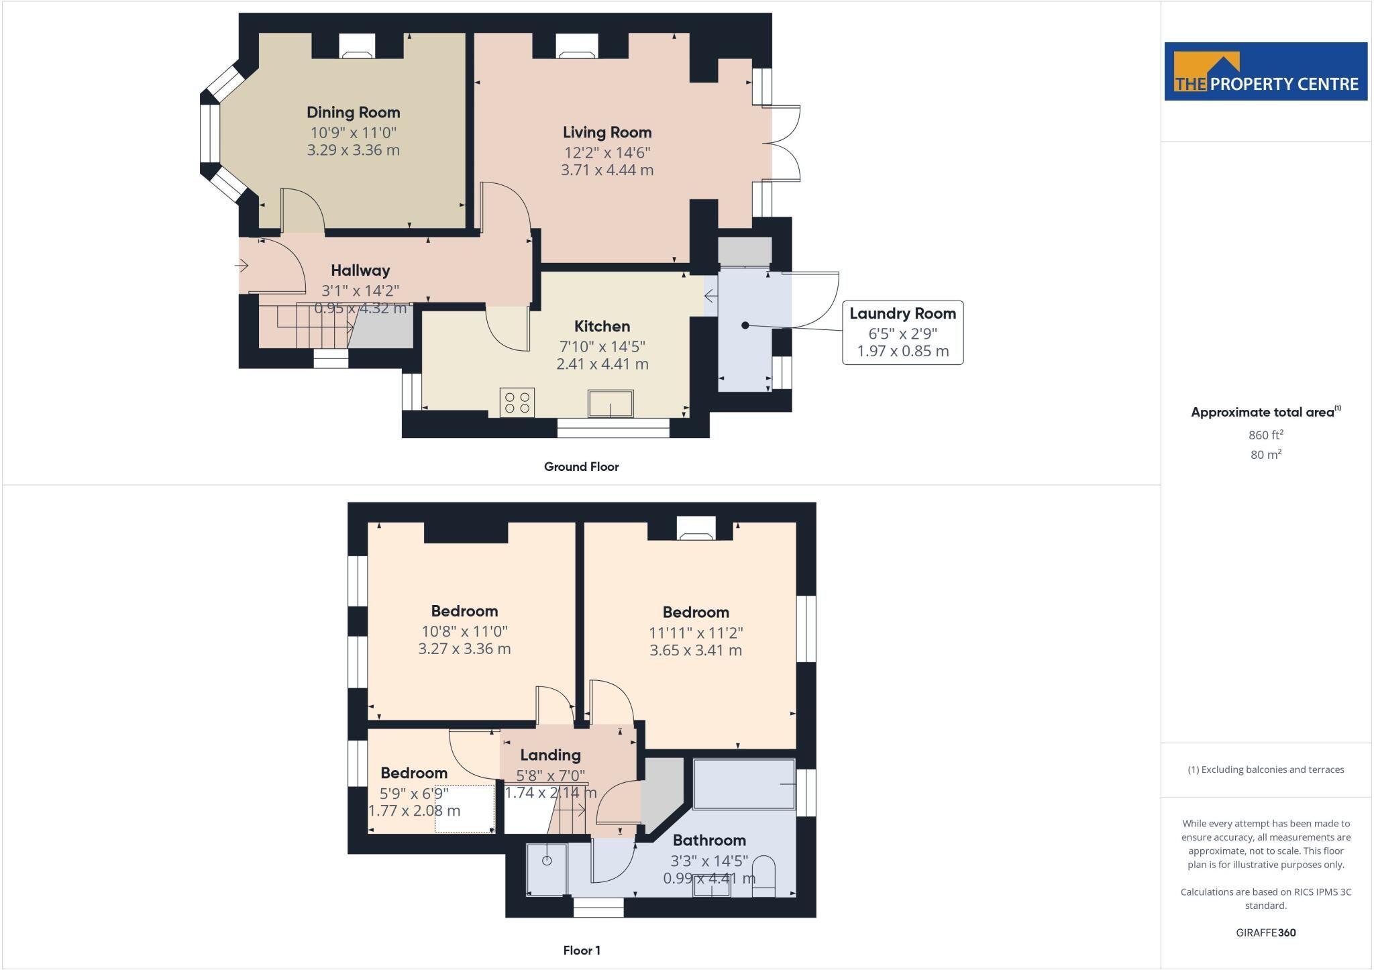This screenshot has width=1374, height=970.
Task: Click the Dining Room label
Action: tap(353, 112)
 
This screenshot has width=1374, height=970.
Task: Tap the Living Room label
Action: tap(607, 132)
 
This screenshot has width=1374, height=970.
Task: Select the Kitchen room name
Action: tap(602, 327)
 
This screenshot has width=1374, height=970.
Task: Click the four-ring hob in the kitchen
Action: tap(517, 402)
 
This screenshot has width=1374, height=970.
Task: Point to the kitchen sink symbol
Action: tap(611, 403)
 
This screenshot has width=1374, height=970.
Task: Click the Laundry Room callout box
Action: tap(902, 333)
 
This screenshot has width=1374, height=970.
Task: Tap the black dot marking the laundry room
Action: tap(745, 325)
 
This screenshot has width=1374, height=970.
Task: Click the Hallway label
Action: tap(360, 270)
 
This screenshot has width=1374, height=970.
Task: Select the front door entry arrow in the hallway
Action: tap(242, 266)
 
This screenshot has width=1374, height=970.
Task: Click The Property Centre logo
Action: tap(1265, 72)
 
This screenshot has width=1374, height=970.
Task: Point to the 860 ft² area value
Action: tap(1265, 435)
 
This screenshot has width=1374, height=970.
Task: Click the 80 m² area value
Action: tap(1265, 454)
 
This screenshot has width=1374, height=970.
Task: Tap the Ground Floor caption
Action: tap(581, 467)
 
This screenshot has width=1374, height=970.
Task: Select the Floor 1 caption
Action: tap(581, 951)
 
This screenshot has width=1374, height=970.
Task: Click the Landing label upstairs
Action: tap(550, 755)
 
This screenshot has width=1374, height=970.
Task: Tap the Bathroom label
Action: tap(709, 841)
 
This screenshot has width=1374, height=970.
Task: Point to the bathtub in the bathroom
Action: tap(744, 784)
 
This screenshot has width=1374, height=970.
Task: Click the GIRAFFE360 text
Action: tap(1265, 932)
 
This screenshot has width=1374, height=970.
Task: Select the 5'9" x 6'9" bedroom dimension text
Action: tap(414, 794)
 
